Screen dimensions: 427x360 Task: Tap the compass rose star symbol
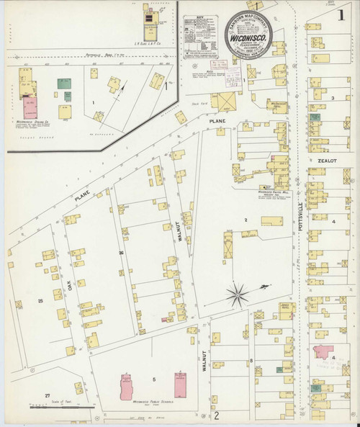pyautogui.click(x=238, y=293)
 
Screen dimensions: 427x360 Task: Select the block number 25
pyautogui.click(x=40, y=300)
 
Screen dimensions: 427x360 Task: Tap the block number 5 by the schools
pyautogui.click(x=153, y=379)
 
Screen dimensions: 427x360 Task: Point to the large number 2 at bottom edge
pyautogui.click(x=215, y=416)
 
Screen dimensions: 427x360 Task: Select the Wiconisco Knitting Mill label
pyautogui.click(x=273, y=192)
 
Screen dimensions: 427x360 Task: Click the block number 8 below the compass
pyautogui.click(x=251, y=359)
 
